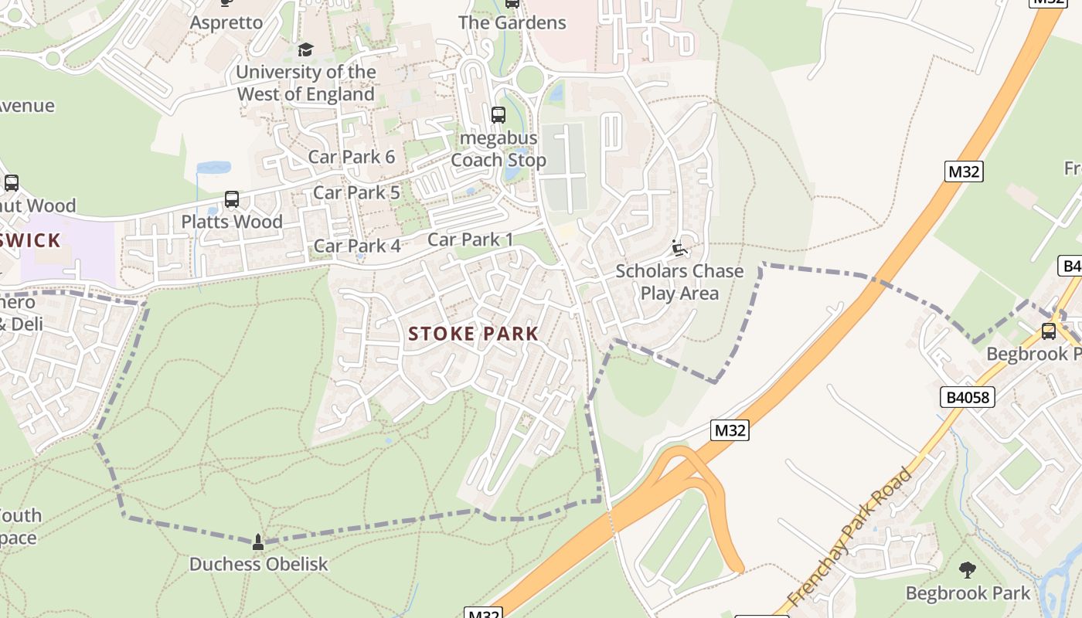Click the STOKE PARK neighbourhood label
[x=473, y=334]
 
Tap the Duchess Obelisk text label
[x=259, y=564]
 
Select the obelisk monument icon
[x=258, y=542]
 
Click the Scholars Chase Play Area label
[x=679, y=282]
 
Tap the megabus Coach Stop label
[x=498, y=150]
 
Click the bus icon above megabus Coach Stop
[x=498, y=115]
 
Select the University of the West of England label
[x=306, y=83]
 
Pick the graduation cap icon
[x=306, y=50]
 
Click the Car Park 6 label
[x=352, y=157]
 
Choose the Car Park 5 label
[x=356, y=192]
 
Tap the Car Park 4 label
[x=357, y=246]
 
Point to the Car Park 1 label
[x=470, y=239]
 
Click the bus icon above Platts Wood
[x=232, y=199]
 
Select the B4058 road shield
[x=968, y=397]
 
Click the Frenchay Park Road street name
[x=851, y=537]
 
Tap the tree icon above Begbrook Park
[x=968, y=570]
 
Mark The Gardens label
[x=512, y=22]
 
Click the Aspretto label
[x=226, y=22]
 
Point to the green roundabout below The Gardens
[x=530, y=79]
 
